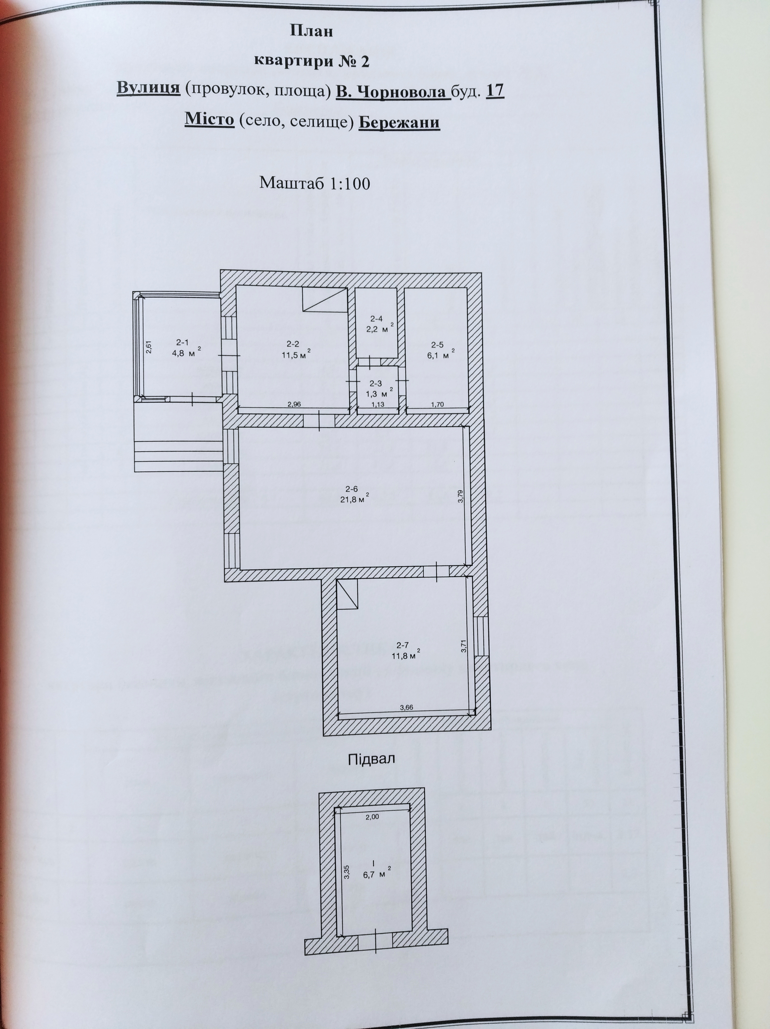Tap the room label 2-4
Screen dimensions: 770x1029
[376, 319]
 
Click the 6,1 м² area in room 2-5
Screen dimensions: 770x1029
[440, 356]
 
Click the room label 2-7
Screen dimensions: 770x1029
[403, 645]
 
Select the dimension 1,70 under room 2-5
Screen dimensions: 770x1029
[437, 404]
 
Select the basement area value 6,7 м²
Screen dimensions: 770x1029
[376, 875]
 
